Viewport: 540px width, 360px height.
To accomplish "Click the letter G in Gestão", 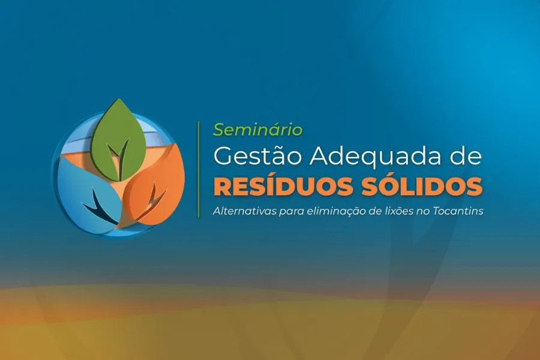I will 223,157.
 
